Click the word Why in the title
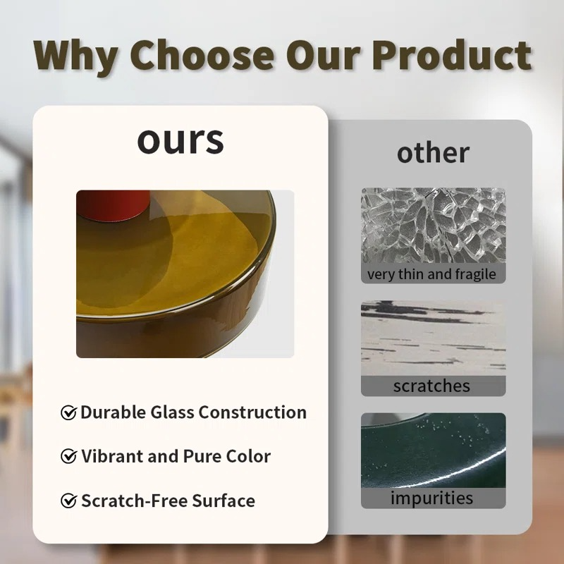pyautogui.click(x=76, y=56)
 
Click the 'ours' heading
pyautogui.click(x=180, y=140)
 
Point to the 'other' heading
pyautogui.click(x=433, y=153)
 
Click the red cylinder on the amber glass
pyautogui.click(x=113, y=204)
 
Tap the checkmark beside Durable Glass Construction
pyautogui.click(x=68, y=412)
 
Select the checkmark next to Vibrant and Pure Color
pyautogui.click(x=68, y=456)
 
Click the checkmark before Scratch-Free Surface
pyautogui.click(x=68, y=501)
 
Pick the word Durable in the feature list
pyautogui.click(x=113, y=412)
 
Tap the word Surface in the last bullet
pyautogui.click(x=223, y=501)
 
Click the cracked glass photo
pyautogui.click(x=433, y=226)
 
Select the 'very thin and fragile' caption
pyautogui.click(x=431, y=274)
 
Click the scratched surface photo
pyautogui.click(x=433, y=338)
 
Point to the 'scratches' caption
pyautogui.click(x=431, y=386)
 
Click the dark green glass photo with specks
pyautogui.click(x=433, y=450)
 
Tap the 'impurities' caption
pyautogui.click(x=431, y=498)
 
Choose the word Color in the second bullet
pyautogui.click(x=248, y=456)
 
